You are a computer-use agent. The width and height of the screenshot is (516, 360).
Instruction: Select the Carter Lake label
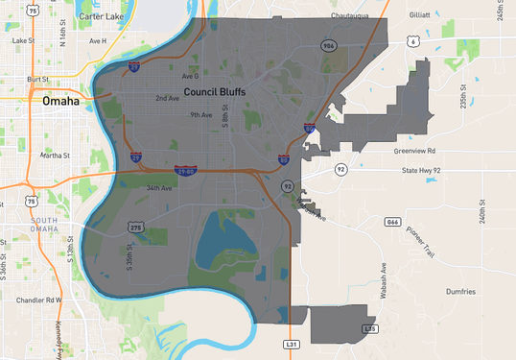click(x=101, y=17)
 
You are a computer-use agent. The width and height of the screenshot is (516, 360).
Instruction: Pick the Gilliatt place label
click(x=418, y=15)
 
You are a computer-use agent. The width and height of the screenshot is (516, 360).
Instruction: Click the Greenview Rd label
click(x=413, y=151)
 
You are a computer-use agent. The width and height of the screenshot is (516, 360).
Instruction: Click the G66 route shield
click(x=392, y=222)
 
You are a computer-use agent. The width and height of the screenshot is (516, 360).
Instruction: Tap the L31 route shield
click(x=292, y=343)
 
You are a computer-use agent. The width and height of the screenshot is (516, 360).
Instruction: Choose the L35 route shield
click(x=370, y=328)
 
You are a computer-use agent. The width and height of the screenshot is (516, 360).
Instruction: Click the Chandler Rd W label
click(x=39, y=300)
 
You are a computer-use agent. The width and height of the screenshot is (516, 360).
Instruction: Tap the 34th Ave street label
click(x=160, y=188)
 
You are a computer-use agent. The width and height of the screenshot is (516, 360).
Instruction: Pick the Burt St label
click(x=37, y=80)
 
